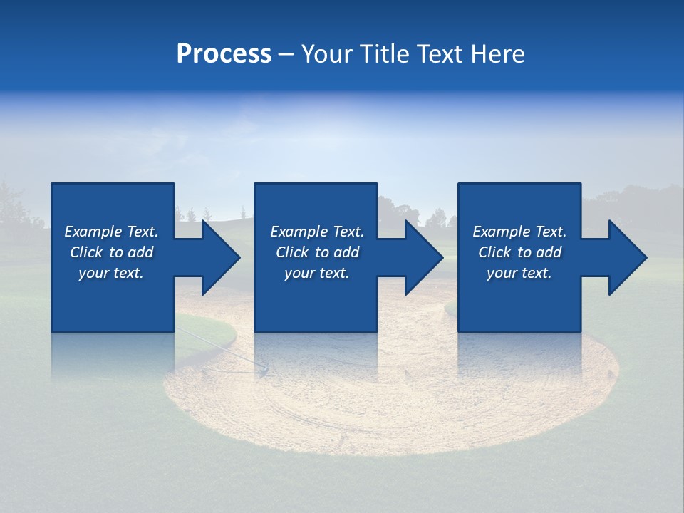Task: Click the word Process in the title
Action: pos(224,54)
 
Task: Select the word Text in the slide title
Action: pos(442,54)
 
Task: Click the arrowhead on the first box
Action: pos(217,257)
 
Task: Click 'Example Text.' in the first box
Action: pos(111,232)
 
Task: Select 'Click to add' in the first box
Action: pos(111,252)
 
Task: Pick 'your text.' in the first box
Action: pos(111,273)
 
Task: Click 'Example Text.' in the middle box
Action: pos(317,232)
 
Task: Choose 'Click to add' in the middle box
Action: pos(317,252)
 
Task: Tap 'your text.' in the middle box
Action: pos(317,273)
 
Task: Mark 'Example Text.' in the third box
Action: pos(519,232)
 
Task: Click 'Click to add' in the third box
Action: pos(519,252)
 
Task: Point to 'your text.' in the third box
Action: pos(519,273)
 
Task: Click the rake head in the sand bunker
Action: pos(264,368)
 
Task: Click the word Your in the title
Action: pos(327,54)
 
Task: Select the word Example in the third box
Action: pos(501,232)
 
